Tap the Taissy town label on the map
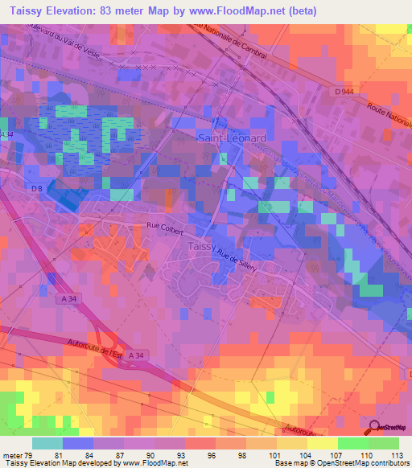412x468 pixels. pos(201,246)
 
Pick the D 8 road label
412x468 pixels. pos(37,188)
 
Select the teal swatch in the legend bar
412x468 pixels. pos(47,443)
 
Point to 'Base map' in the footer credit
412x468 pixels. pos(289,463)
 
